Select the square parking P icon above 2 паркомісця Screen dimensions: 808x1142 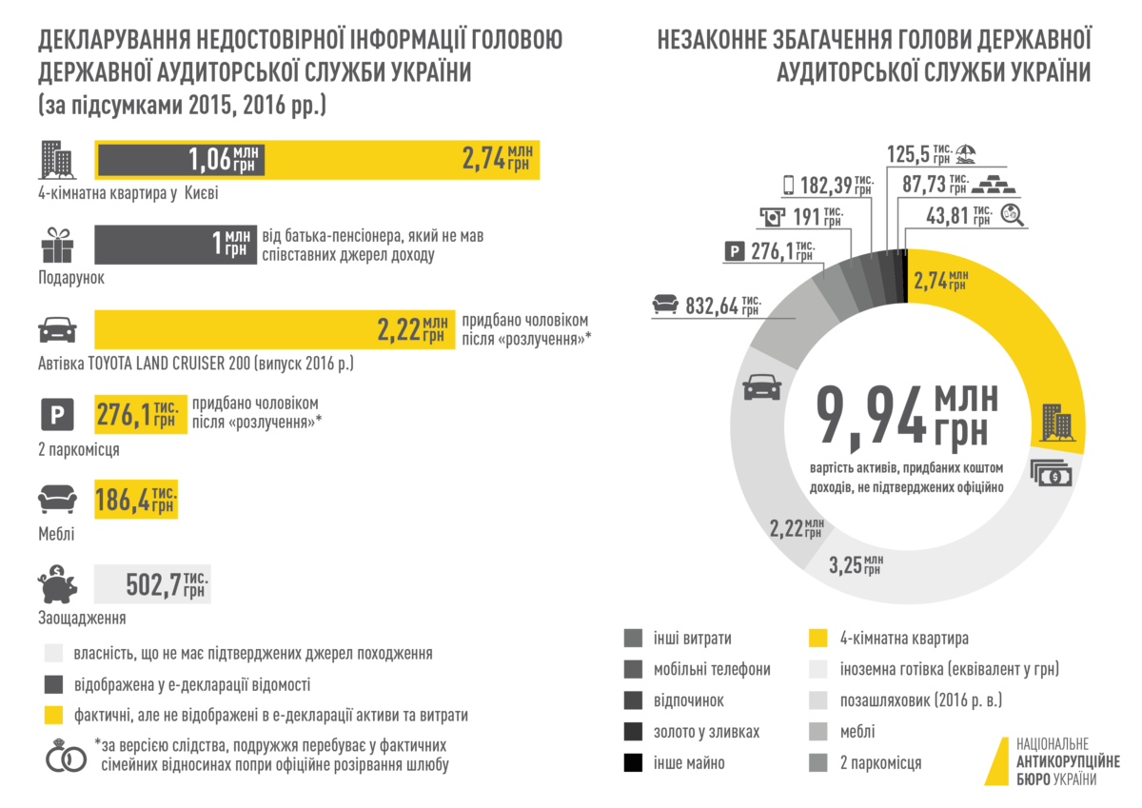pos(56,417)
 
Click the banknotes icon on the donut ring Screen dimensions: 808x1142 pos(1051,473)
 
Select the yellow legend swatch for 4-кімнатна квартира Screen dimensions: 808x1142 pos(817,639)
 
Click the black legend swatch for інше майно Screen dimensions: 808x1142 pos(634,763)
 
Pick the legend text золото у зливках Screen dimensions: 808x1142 pos(706,732)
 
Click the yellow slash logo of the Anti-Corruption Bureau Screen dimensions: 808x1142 pos(995,760)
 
